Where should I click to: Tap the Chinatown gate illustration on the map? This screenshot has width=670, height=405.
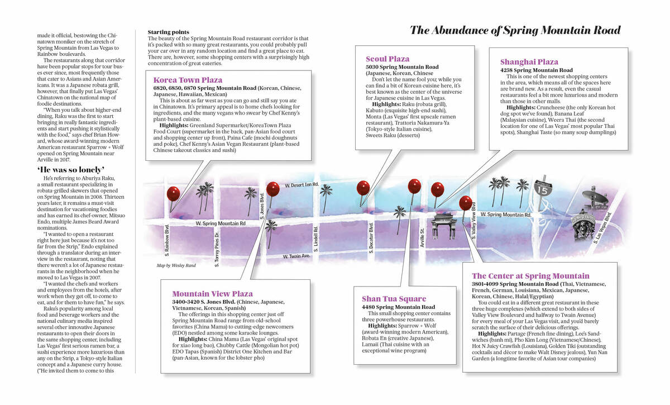445,224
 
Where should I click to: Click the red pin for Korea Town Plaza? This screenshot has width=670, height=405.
174,194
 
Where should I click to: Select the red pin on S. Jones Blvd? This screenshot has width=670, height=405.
272,189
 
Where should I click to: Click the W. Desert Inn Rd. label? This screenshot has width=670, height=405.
301,184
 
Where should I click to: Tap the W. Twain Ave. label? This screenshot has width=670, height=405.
296,256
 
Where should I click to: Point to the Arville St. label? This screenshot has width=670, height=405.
423,237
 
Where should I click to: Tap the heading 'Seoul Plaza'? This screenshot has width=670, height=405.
387,59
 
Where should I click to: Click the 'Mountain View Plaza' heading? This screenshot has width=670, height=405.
212,293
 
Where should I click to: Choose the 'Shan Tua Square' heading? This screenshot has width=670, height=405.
394,299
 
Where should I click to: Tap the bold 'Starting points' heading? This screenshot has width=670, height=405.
168,32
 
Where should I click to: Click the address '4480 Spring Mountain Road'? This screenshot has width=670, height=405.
398,307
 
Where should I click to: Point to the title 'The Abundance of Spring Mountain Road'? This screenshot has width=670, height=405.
515,30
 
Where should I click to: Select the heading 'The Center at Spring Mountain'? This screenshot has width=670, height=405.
530,276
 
